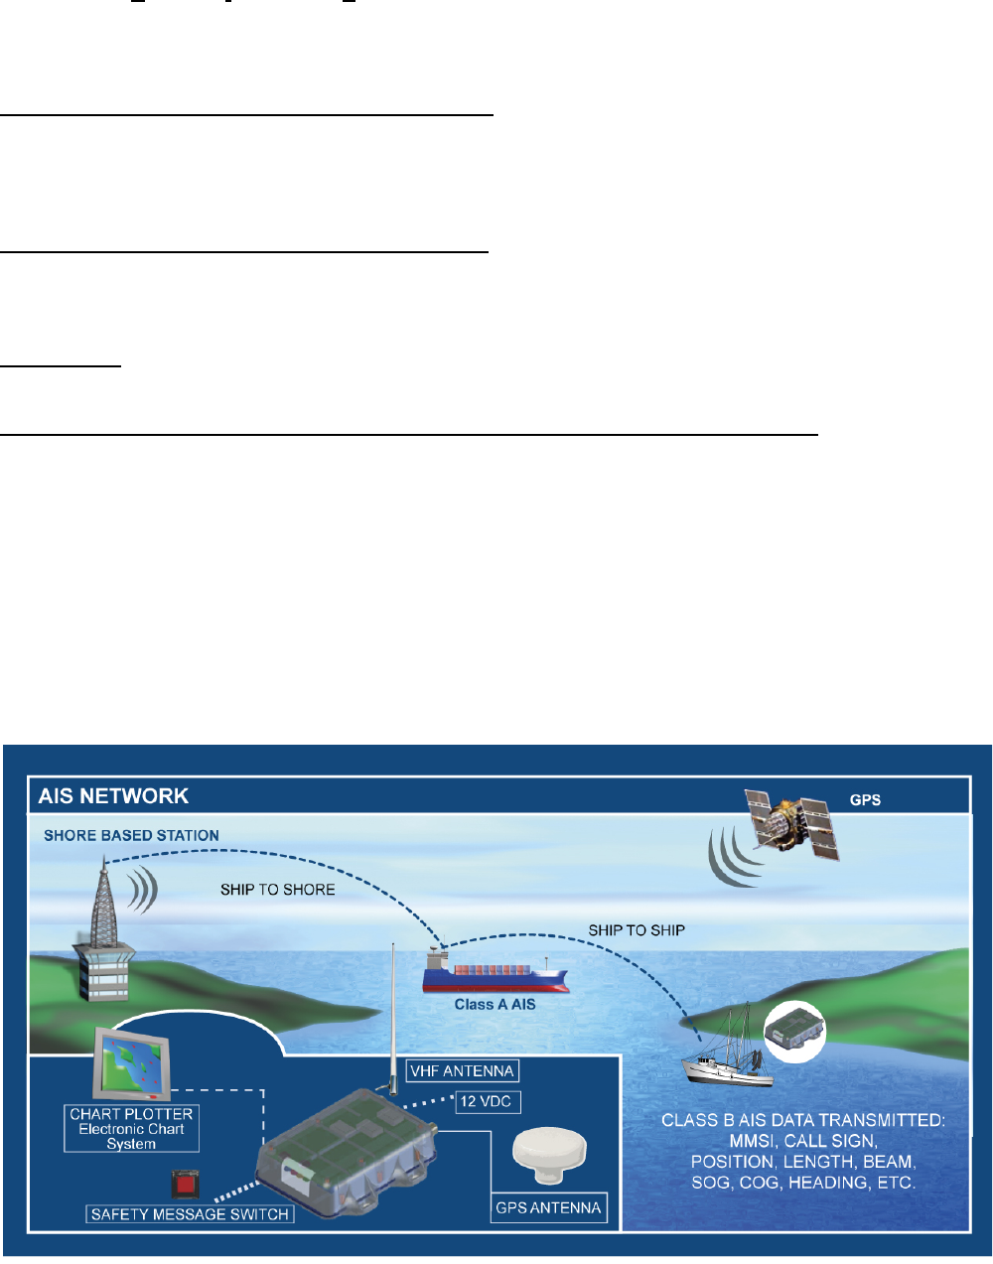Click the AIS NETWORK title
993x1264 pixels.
coord(113,796)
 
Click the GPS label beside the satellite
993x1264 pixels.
coord(865,800)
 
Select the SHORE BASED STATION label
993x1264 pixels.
coord(131,836)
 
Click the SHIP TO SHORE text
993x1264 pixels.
coord(277,890)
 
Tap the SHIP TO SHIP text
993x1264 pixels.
coord(637,930)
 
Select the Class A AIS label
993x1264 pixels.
coord(495,1005)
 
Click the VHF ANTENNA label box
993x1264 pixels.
coord(463,1071)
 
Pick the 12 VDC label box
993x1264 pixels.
coord(486,1101)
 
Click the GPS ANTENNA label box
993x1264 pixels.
coord(549,1208)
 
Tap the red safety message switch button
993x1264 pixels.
coord(183,1185)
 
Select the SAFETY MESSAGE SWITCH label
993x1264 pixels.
coord(190,1214)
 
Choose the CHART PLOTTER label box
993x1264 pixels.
coord(131,1129)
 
